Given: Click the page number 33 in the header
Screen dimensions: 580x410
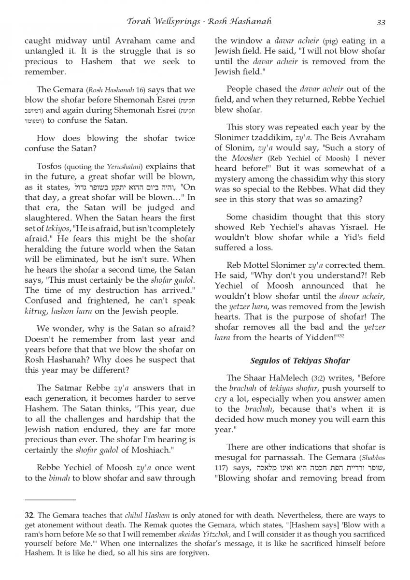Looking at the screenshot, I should (381, 22).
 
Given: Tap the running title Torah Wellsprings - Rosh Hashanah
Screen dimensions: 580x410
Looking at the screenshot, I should (199, 22).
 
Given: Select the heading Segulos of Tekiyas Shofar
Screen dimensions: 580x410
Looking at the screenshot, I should (300, 361).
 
